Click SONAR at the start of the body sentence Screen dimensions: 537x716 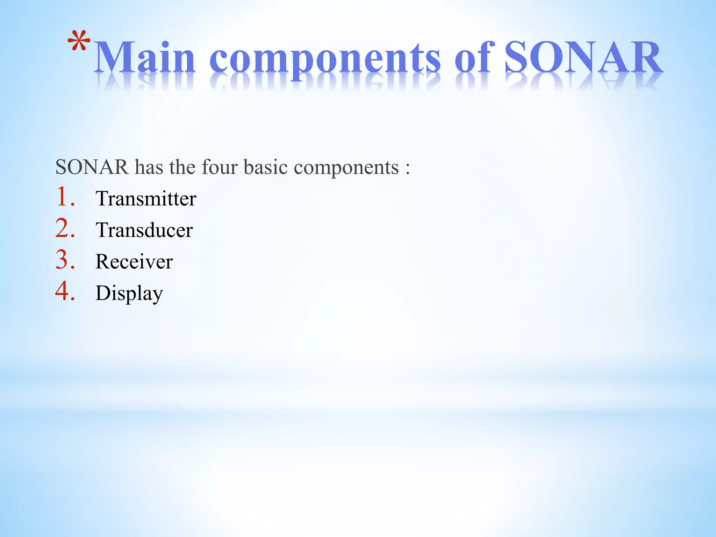(92, 167)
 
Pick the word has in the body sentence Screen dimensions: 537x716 (149, 167)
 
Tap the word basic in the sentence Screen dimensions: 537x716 (266, 167)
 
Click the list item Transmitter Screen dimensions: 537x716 (146, 199)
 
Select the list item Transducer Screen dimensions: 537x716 (144, 230)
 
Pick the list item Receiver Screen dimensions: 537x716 (134, 262)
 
